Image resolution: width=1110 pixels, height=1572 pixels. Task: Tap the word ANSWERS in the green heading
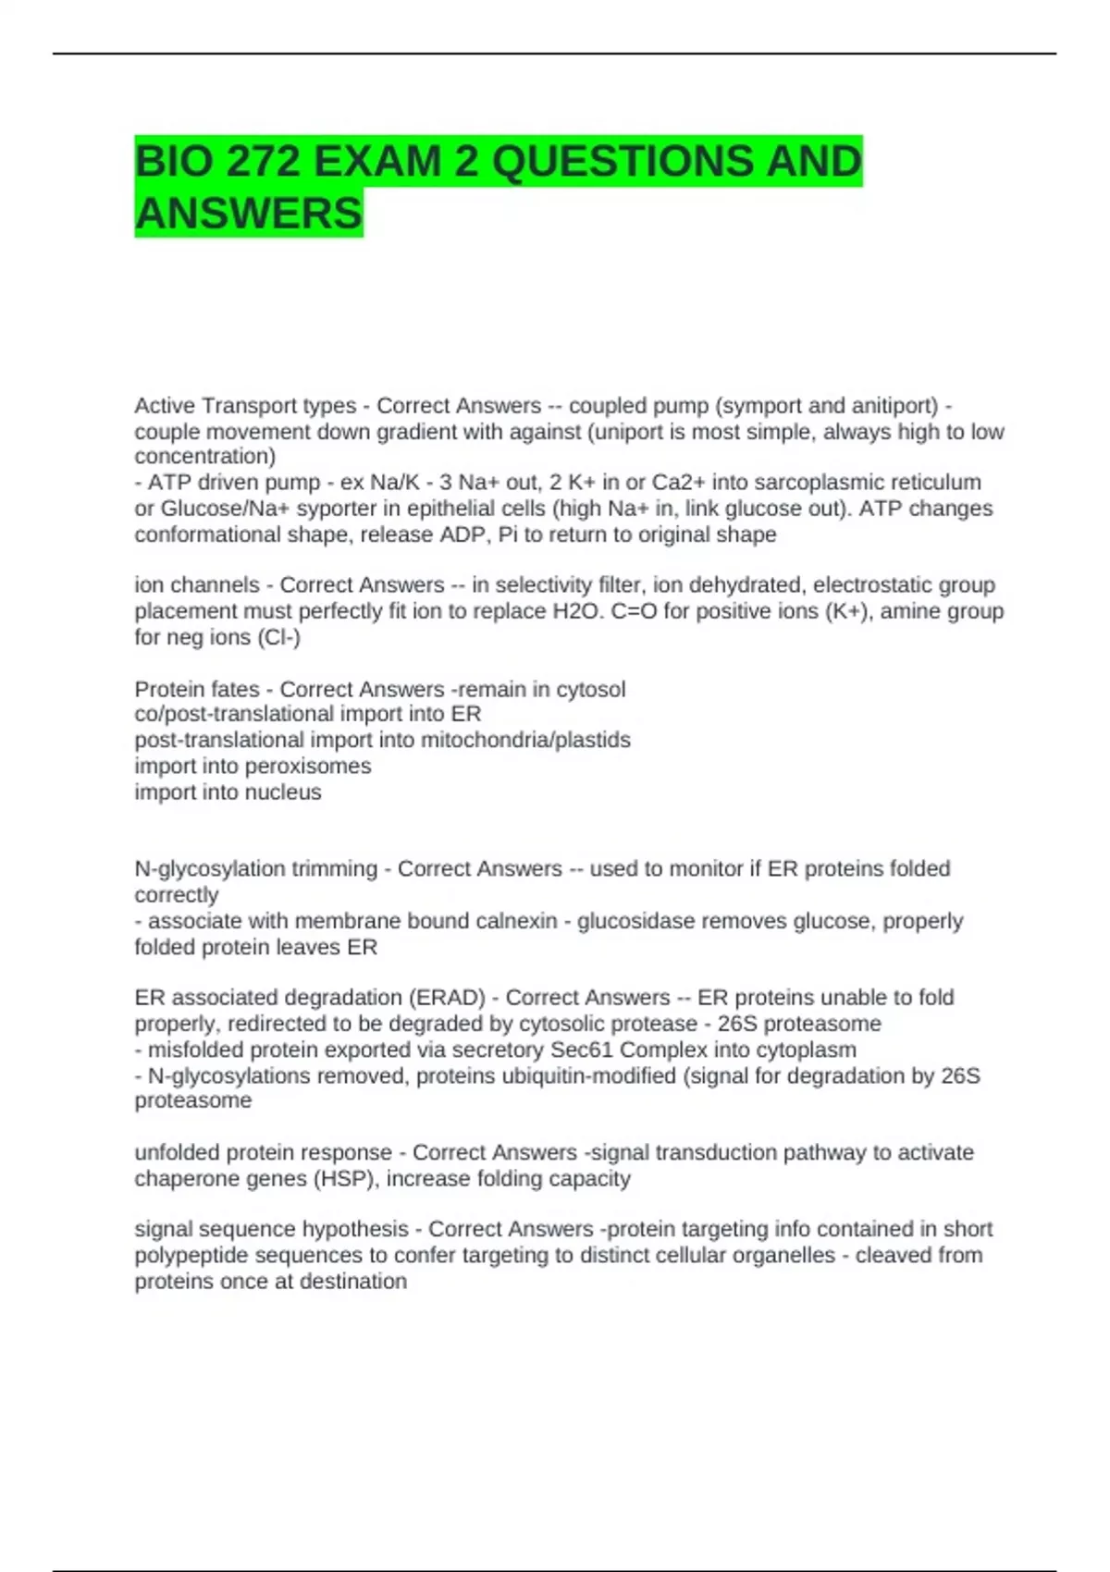click(248, 214)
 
